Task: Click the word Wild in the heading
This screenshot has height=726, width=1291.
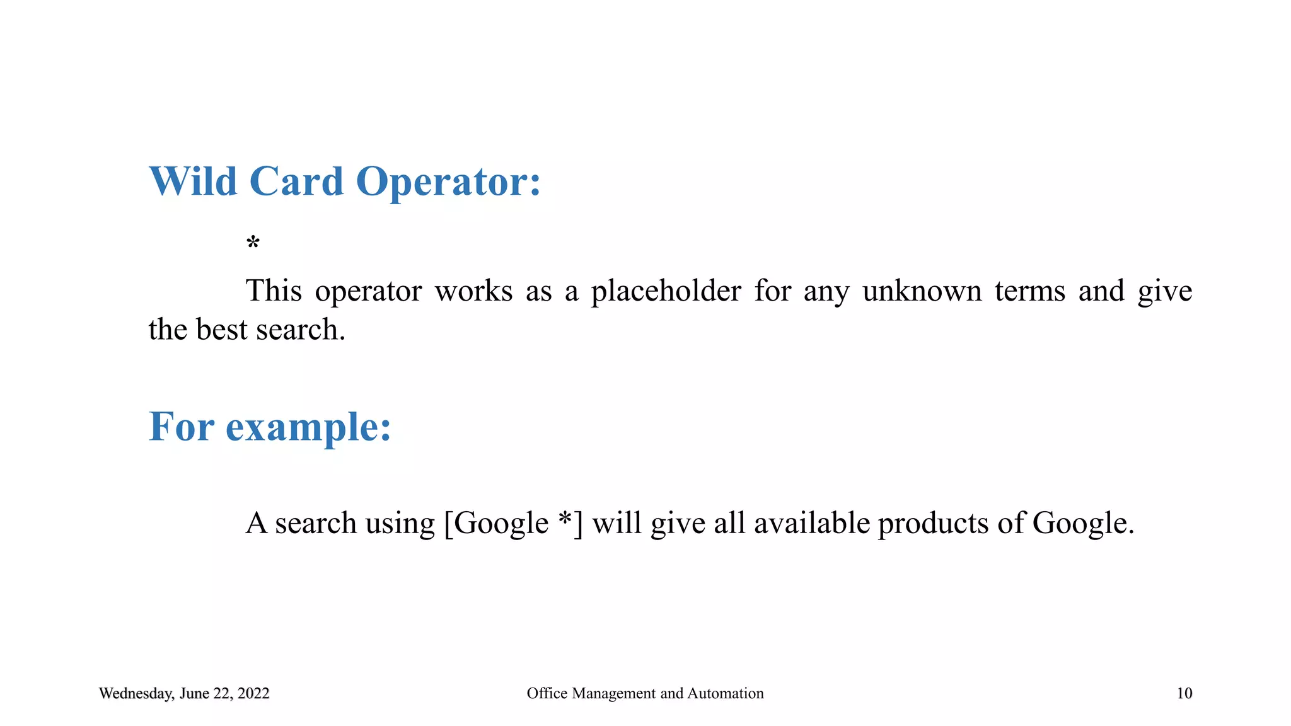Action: pos(193,181)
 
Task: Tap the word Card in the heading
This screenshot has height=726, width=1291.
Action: pos(296,181)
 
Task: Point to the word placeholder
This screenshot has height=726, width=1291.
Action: pos(666,292)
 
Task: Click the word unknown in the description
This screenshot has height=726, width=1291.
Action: pos(922,291)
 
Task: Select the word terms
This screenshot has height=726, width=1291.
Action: pos(1030,291)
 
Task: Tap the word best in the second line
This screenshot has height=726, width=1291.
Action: pos(221,330)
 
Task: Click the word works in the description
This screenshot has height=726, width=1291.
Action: pos(473,291)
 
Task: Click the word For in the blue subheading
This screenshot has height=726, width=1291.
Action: pos(181,427)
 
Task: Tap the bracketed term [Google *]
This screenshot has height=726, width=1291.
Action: pos(513,523)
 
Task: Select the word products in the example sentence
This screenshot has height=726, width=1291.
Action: pos(933,524)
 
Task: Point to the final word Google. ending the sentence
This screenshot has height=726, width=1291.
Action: pos(1083,524)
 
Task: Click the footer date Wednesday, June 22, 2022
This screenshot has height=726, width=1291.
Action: pos(184,693)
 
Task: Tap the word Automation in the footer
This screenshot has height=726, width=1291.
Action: pos(725,693)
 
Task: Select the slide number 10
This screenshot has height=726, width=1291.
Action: pos(1184,693)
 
